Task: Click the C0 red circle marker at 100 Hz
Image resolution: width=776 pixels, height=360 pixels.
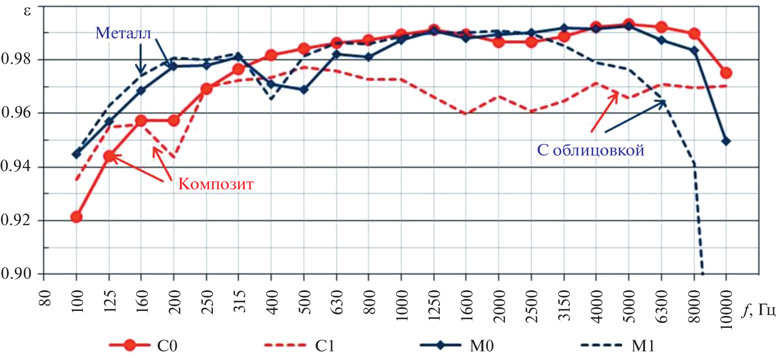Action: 76,217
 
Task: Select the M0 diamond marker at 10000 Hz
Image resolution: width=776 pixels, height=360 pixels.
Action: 726,141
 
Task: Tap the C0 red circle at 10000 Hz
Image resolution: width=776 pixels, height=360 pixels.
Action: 726,73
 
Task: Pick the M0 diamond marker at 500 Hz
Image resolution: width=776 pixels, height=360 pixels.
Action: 304,89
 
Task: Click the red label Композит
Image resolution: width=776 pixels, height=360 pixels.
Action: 215,184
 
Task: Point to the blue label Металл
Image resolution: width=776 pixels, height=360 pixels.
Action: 123,33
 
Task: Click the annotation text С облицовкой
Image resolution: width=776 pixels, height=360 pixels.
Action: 590,150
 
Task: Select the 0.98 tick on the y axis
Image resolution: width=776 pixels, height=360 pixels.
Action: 17,59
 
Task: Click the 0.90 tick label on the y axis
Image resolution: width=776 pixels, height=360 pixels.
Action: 17,273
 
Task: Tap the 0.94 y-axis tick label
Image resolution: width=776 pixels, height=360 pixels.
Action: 17,166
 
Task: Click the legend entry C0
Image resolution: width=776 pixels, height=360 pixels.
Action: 167,346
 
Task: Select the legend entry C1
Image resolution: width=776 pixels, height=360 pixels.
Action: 324,346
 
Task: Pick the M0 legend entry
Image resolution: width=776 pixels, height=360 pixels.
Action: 481,346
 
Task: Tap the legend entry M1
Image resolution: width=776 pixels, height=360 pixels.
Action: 643,346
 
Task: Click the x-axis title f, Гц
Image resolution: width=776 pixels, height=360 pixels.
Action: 758,309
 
